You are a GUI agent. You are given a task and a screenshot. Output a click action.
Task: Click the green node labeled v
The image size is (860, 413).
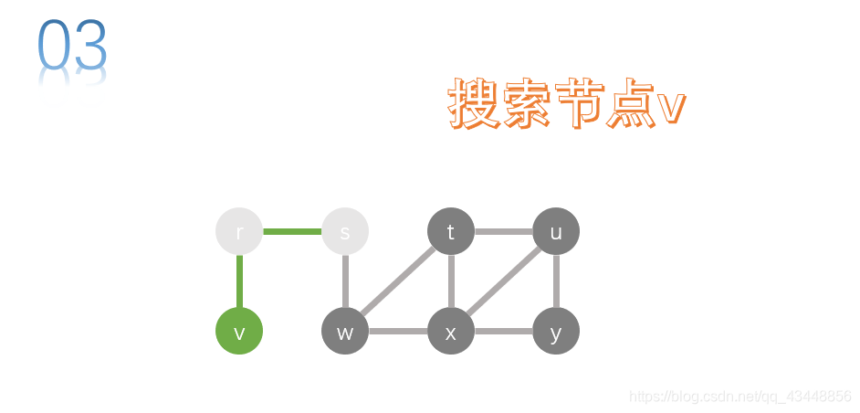(239, 331)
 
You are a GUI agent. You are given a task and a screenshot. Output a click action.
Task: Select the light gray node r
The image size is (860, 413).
(239, 232)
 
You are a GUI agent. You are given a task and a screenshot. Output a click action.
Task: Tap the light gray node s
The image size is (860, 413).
(345, 232)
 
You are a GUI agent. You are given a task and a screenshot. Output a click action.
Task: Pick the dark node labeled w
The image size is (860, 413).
(345, 331)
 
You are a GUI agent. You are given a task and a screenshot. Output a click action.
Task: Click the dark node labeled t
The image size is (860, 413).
(451, 232)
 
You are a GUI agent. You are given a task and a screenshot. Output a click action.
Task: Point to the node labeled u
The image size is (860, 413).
(556, 232)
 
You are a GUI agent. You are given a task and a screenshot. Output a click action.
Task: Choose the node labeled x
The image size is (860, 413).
(451, 331)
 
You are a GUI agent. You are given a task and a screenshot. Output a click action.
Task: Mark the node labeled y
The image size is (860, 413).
(556, 331)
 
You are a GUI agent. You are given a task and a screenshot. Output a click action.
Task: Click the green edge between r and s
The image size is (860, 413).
(292, 232)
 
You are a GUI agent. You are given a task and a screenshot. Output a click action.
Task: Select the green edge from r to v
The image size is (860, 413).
(239, 281)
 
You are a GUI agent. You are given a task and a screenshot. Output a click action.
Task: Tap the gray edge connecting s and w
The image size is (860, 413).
(345, 281)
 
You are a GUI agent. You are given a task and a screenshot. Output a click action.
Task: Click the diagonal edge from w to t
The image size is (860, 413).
(398, 281)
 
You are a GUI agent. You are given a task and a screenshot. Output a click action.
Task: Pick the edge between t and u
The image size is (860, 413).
(503, 232)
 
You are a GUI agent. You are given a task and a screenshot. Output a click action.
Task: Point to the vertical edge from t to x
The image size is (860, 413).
(451, 281)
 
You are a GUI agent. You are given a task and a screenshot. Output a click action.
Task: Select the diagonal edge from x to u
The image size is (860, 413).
(503, 281)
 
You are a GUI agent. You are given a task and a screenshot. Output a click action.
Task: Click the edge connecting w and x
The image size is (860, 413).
(398, 331)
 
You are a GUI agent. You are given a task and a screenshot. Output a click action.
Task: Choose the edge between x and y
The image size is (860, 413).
(503, 331)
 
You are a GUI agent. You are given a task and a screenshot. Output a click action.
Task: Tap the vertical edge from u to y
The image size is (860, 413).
(556, 281)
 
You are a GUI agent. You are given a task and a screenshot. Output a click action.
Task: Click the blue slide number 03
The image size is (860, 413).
(72, 46)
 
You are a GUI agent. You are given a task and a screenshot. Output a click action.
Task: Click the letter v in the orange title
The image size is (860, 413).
(671, 108)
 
